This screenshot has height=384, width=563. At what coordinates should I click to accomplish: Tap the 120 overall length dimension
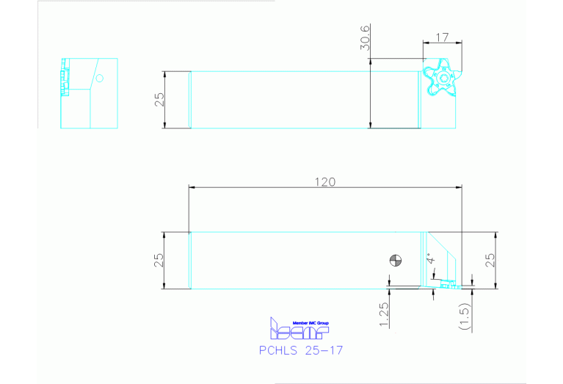coord(326,182)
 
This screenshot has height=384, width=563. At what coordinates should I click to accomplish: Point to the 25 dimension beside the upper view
coord(159,100)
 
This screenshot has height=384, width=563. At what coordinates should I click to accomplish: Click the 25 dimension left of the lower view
coord(159,261)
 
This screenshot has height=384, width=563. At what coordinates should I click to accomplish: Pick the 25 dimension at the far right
coord(490,260)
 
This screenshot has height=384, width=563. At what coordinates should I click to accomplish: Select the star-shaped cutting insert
coord(441,77)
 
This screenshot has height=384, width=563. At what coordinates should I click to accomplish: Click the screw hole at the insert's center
coord(442,78)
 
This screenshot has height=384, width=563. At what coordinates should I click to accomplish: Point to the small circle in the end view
coord(101,78)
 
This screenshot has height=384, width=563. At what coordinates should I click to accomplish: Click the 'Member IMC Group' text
coord(311,322)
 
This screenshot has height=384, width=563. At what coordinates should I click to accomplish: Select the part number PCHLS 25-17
coord(301,350)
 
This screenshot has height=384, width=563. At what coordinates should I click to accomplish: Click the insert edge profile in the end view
coord(65,74)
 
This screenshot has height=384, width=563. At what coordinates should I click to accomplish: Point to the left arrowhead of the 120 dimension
coord(192,188)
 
